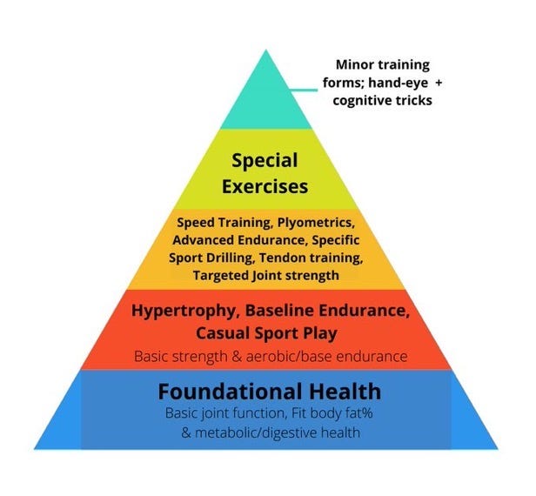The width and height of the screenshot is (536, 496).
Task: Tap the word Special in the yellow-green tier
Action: (265, 160)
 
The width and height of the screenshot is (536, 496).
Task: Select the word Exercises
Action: (265, 186)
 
